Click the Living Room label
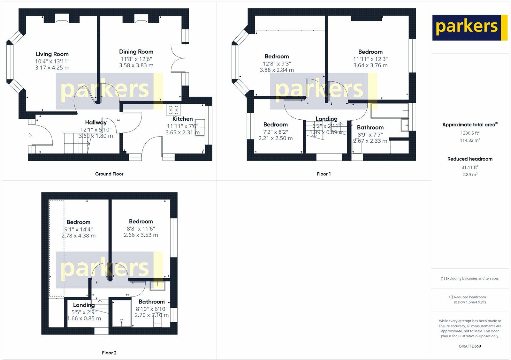pos(52,54)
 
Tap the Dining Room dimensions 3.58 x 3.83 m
pos(136,65)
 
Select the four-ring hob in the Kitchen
pos(173,110)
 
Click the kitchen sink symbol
pos(200,128)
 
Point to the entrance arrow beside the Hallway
pos(29,135)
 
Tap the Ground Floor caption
pos(109,174)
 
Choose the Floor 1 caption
pos(324,174)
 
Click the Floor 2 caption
pos(109,353)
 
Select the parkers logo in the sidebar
pos(470,27)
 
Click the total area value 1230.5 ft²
pos(470,133)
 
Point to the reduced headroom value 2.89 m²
pos(470,174)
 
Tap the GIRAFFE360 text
pos(470,346)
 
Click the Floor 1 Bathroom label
pos(370,127)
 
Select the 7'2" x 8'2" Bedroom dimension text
pos(276,132)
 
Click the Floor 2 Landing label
pos(84,305)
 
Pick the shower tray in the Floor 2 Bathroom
pos(122,313)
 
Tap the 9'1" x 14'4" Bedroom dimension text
pos(79,229)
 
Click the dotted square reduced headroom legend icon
pos(451,297)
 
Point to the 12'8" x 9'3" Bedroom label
pos(277,56)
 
